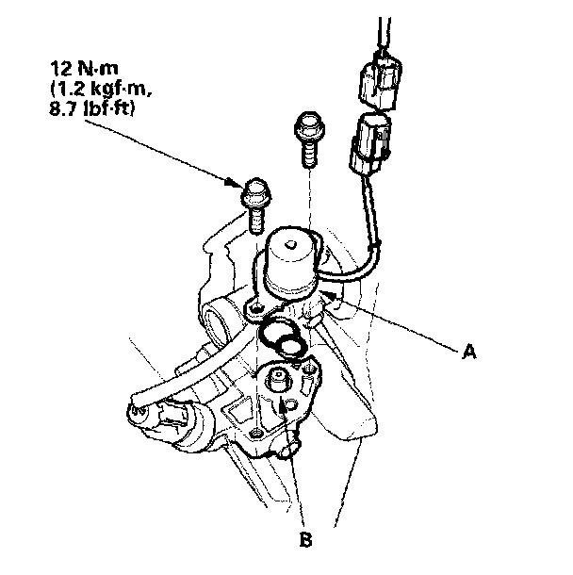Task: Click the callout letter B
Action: pos(305,540)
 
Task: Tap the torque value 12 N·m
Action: pos(82,69)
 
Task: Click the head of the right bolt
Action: pos(306,123)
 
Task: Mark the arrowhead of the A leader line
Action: pos(327,296)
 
